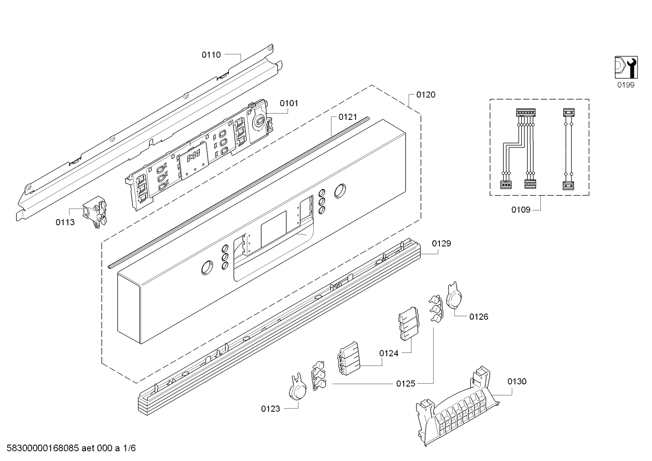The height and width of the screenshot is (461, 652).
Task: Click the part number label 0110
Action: pos(211,55)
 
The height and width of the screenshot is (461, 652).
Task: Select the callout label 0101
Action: pos(289,104)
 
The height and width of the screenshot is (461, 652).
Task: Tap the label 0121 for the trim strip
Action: pos(348,117)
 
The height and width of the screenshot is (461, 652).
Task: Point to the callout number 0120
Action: pos(426,95)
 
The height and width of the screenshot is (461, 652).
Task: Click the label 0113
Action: pos(65,223)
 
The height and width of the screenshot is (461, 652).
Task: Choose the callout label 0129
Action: pos(441,243)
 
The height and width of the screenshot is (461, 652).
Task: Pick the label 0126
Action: pos(479,317)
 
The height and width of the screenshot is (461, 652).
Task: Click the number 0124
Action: pos(388,353)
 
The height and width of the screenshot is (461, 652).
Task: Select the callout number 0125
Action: pos(406,384)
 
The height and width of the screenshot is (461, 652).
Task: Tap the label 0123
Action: pos(270,409)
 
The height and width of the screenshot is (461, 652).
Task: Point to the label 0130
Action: pos(517,381)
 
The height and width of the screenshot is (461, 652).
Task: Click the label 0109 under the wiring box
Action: pos(521,209)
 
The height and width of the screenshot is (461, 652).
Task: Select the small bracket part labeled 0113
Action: pos(95,211)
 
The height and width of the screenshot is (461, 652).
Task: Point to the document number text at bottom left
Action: pos(71,448)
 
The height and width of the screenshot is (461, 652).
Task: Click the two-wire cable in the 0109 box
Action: pos(568,149)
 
